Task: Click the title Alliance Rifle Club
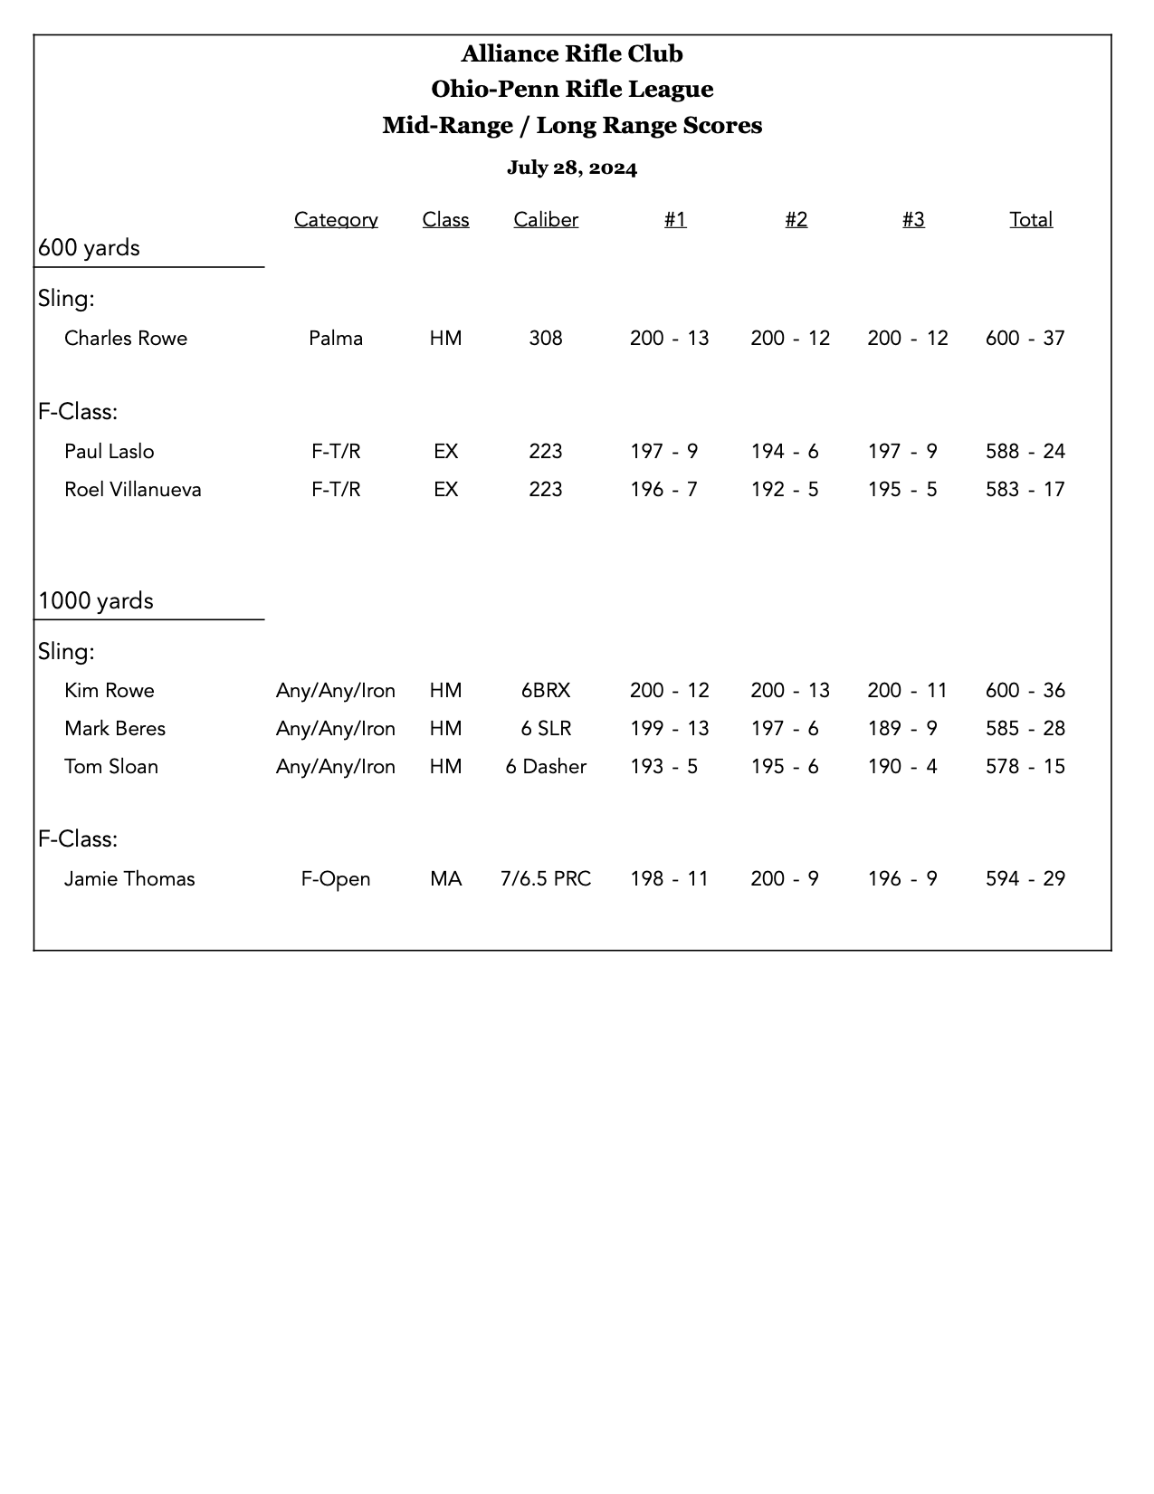tap(572, 54)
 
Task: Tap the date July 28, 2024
tap(572, 168)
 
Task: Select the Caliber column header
tap(546, 220)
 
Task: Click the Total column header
tap(1031, 220)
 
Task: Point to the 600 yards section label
tap(90, 248)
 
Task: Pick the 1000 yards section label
tap(96, 601)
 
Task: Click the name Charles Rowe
tap(126, 339)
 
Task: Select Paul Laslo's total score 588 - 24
tap(1025, 452)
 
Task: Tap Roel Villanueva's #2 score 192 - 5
tap(785, 490)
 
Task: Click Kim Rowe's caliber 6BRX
tap(546, 691)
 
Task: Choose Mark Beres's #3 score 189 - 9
tap(902, 729)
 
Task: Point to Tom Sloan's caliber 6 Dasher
tap(546, 767)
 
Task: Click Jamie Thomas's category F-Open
tap(336, 879)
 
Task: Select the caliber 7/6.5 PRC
tap(546, 879)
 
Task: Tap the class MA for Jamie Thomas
tap(445, 879)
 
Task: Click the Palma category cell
tap(336, 339)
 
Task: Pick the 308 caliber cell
tap(546, 339)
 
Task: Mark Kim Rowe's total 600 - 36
tap(1025, 691)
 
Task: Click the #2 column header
tap(796, 220)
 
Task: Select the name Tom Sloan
tap(111, 767)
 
